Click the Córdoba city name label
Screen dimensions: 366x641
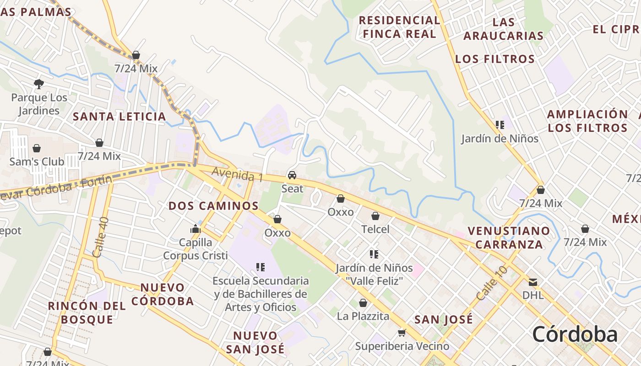[575, 334]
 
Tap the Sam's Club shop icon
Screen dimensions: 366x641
[37, 148]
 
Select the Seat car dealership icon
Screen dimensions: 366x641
[292, 175]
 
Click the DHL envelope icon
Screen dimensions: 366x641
[532, 282]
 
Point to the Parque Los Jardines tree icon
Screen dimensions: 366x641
[39, 84]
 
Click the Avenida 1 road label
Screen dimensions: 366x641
[237, 174]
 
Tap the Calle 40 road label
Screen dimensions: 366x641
[101, 237]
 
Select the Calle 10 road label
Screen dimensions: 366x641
[492, 283]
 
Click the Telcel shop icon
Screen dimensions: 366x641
[375, 216]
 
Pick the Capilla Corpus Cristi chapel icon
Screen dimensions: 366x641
[196, 229]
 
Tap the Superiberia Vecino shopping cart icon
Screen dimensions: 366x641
[402, 333]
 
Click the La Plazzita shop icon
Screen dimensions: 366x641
[363, 303]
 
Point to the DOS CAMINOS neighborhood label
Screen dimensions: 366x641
[213, 206]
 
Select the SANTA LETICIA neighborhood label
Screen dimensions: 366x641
[120, 116]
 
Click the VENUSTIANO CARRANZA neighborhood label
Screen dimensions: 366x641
[509, 237]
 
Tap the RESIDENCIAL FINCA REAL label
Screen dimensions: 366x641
[399, 27]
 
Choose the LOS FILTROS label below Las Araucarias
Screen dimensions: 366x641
[495, 59]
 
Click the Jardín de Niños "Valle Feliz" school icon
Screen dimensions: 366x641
[374, 254]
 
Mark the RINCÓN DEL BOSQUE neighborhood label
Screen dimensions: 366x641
[87, 312]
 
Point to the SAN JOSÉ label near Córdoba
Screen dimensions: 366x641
[443, 319]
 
